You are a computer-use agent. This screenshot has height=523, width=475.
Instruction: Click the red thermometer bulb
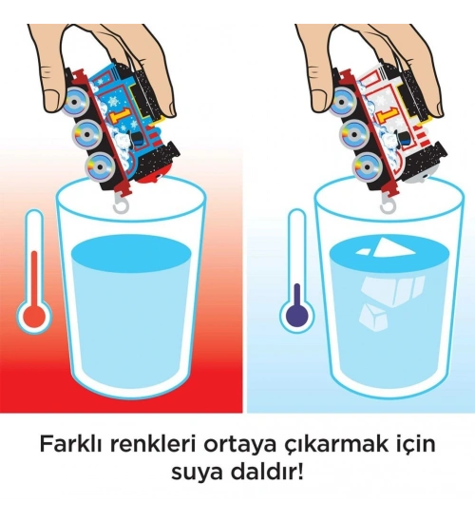coord(33,314)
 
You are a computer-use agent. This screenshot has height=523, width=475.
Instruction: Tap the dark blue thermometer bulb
coord(296,314)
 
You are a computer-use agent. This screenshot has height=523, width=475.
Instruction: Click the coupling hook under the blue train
coord(120,204)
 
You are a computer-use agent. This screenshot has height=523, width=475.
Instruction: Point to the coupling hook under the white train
coord(387,204)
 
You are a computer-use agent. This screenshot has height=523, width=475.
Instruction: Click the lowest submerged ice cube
coord(372,318)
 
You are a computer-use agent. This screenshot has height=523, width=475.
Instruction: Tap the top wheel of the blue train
coord(76,102)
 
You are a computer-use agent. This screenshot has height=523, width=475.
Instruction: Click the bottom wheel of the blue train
coord(100,165)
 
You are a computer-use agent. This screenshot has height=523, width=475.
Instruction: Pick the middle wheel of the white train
coord(353,134)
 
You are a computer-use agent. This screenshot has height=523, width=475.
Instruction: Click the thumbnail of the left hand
coord(51,100)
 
